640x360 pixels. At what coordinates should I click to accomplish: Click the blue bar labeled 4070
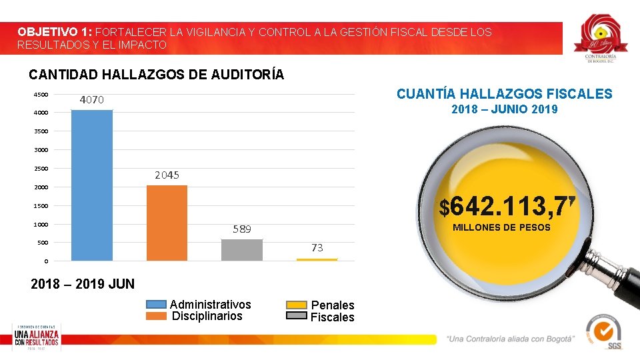(x=92, y=185)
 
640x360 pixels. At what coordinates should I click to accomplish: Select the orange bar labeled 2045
(x=167, y=223)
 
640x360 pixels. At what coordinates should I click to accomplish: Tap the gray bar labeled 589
(x=242, y=249)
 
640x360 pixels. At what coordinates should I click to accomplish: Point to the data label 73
(x=317, y=247)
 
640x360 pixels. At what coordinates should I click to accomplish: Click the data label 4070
(x=92, y=100)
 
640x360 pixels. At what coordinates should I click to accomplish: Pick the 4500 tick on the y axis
(x=41, y=95)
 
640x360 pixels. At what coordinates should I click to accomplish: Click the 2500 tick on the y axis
(x=41, y=168)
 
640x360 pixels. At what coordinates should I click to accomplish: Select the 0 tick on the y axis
(x=46, y=261)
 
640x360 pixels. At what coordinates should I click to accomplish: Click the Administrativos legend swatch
(x=157, y=305)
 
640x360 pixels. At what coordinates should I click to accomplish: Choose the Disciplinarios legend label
(x=207, y=316)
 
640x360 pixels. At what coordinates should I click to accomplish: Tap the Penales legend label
(x=333, y=305)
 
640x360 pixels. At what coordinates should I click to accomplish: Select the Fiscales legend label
(x=333, y=317)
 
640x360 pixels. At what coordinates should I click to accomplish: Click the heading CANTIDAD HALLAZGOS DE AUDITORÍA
(x=157, y=75)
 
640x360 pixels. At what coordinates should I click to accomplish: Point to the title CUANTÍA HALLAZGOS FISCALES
(x=504, y=94)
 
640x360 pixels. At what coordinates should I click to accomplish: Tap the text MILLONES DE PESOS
(x=501, y=228)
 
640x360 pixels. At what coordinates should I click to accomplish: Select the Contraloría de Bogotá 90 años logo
(x=601, y=39)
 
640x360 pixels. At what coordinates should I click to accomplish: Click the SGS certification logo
(x=604, y=331)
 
